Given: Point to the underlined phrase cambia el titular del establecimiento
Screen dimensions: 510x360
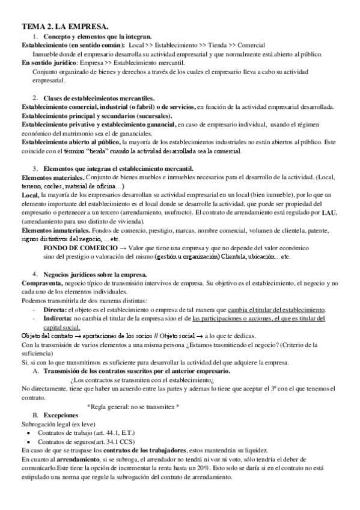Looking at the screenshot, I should pos(267,309).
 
